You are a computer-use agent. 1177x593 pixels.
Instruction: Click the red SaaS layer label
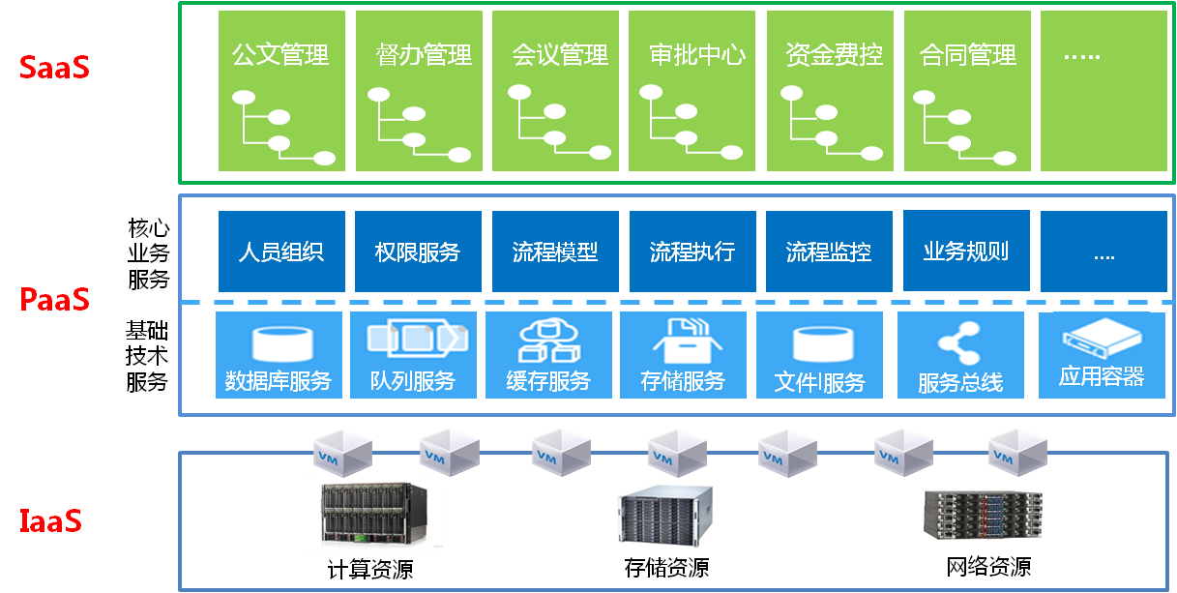[54, 69]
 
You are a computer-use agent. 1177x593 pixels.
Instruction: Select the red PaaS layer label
[55, 300]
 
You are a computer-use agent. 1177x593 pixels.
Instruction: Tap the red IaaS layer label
[51, 521]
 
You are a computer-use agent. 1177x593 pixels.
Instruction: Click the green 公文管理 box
[280, 91]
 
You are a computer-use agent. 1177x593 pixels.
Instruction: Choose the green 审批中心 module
[697, 91]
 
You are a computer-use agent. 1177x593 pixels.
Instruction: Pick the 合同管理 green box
[968, 91]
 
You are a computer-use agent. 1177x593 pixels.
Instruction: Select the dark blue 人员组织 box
[280, 252]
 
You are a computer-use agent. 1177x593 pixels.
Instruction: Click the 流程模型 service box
[555, 252]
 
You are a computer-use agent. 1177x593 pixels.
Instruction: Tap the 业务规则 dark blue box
[966, 251]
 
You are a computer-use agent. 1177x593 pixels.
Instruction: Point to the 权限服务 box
[418, 252]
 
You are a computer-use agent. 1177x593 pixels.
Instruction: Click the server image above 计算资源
[373, 513]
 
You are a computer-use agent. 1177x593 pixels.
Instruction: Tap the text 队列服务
[413, 381]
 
